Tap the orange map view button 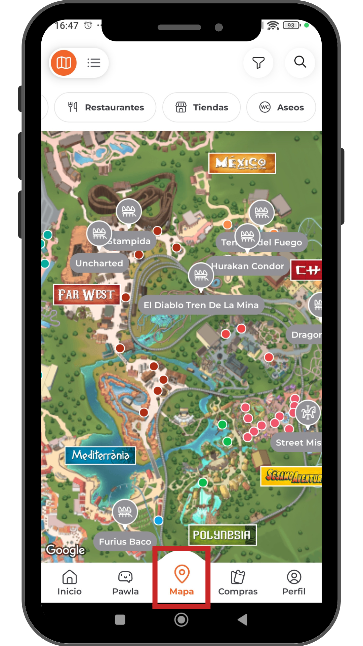coord(64,63)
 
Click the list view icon coord(94,63)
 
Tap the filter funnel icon coord(258,63)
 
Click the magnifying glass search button coord(300,62)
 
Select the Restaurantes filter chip coord(106,107)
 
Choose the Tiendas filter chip coord(202,107)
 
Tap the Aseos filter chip coord(281,107)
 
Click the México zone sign coord(242,163)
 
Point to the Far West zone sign coord(86,294)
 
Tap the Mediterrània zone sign coord(100,455)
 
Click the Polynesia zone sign coord(222,535)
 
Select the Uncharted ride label coord(99,263)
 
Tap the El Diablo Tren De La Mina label coord(201,305)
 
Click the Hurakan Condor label coord(248,266)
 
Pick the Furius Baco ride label coord(125,541)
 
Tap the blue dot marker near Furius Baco coord(159,521)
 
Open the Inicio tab coord(70,583)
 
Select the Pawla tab coord(125,583)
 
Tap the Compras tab coord(238,583)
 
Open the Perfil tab coord(294,583)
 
